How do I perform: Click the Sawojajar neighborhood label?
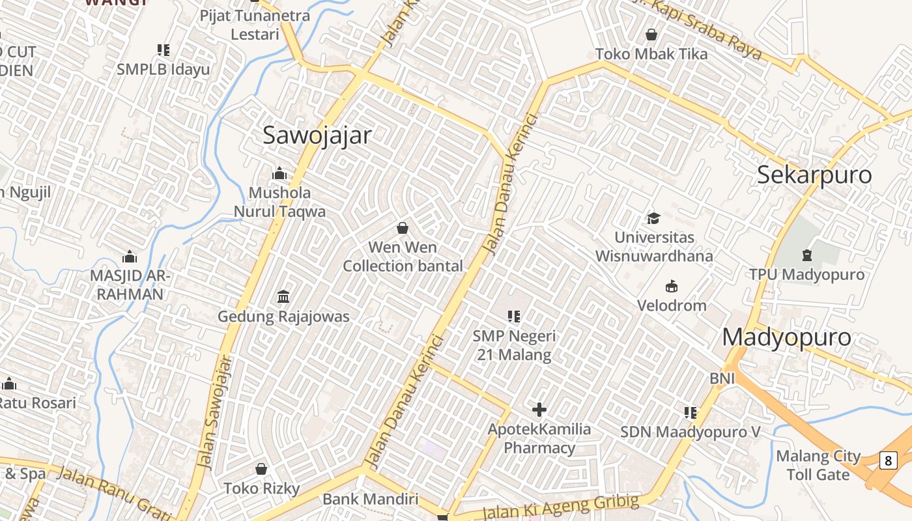pos(317,135)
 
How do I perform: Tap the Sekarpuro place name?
pos(814,175)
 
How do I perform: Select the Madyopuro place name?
pos(786,337)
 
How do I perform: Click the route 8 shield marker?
pos(888,460)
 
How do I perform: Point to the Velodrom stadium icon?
pos(672,286)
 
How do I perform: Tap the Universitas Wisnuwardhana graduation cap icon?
pos(653,218)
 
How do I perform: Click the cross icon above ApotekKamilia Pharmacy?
pos(539,410)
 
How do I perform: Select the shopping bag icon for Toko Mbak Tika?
pos(651,35)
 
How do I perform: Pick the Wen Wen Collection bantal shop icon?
pos(403,228)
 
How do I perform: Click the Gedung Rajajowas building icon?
pos(283,297)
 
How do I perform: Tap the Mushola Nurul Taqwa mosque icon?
pos(279,173)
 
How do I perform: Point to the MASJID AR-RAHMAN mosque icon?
pos(130,257)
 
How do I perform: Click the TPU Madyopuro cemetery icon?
pos(807,255)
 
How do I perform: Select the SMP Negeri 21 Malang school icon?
pos(514,317)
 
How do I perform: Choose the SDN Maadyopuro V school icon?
pos(691,412)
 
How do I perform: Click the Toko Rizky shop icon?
pos(261,469)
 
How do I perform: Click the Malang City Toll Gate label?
pos(818,465)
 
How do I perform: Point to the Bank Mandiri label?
pos(370,500)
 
